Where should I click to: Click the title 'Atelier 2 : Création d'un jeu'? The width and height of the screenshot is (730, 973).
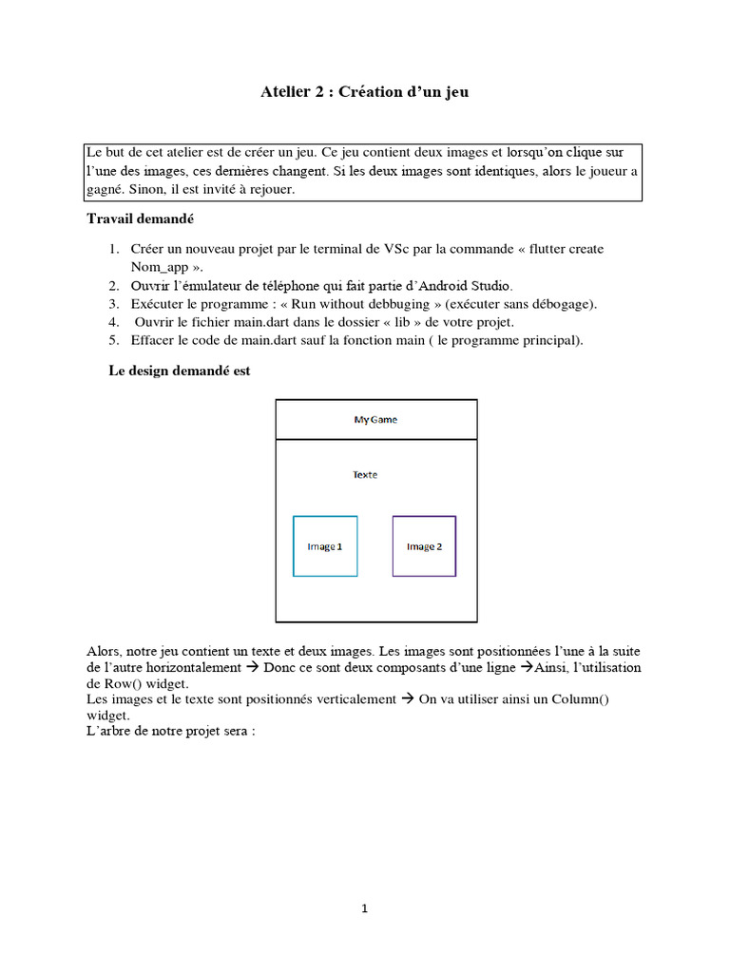pyautogui.click(x=365, y=92)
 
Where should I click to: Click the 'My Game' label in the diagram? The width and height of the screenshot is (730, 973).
pyautogui.click(x=375, y=420)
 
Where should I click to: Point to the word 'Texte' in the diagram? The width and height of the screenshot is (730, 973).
pyautogui.click(x=365, y=474)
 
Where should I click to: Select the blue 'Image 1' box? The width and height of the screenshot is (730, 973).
pyautogui.click(x=325, y=546)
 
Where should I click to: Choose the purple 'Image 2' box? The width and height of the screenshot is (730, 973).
pyautogui.click(x=424, y=546)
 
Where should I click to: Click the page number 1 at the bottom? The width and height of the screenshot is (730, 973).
pyautogui.click(x=365, y=908)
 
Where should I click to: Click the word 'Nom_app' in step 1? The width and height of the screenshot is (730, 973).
pyautogui.click(x=158, y=267)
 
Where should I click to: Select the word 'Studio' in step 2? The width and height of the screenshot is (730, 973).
pyautogui.click(x=489, y=285)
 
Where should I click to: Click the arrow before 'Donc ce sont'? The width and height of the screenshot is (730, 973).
pyautogui.click(x=253, y=668)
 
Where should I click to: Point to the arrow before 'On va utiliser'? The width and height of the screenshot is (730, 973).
pyautogui.click(x=405, y=699)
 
